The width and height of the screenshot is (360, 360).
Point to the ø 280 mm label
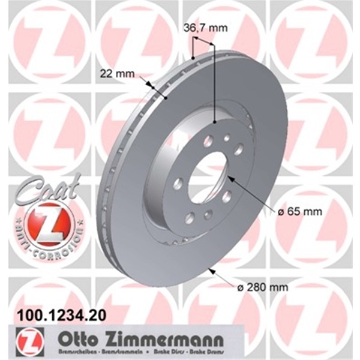pyautogui.click(x=263, y=287)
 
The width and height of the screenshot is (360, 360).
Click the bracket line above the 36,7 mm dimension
pyautogui.click(x=204, y=41)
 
